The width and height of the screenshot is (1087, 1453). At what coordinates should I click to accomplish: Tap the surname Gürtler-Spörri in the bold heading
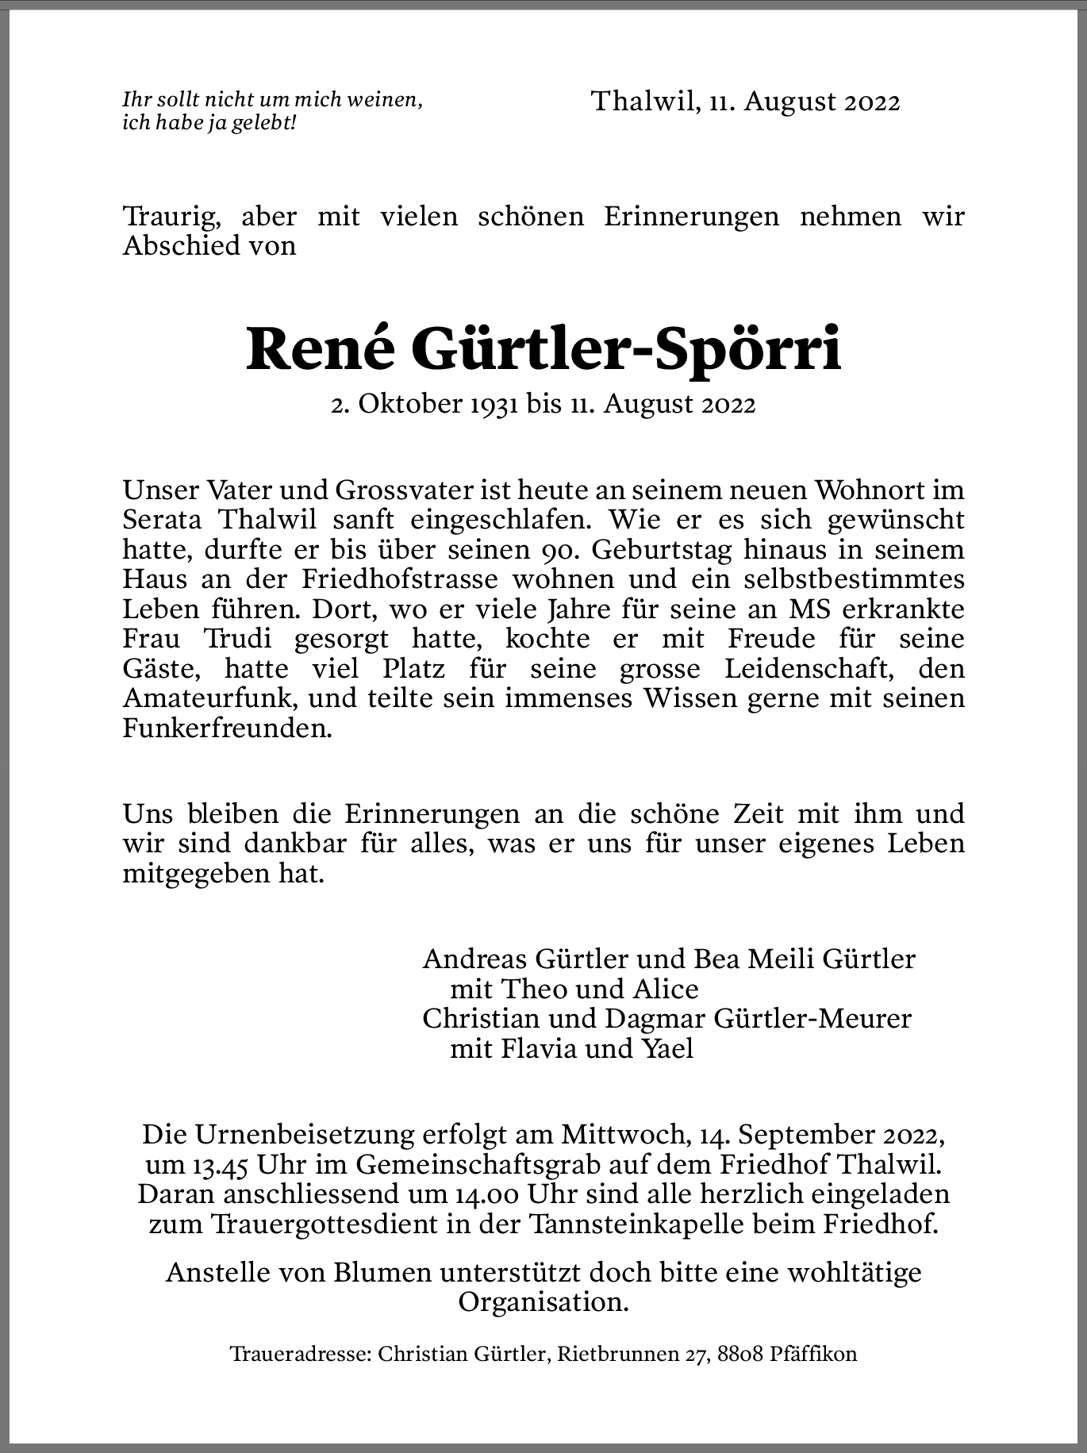point(627,350)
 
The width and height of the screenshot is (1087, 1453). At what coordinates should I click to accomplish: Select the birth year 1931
point(494,405)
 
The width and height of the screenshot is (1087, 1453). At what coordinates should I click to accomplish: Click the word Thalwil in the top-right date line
point(643,102)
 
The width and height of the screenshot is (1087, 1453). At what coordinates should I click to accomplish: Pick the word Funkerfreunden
point(226,728)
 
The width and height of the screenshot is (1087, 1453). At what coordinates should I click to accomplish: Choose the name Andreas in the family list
point(475,959)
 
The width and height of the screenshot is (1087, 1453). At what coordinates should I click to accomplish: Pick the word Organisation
point(543,1302)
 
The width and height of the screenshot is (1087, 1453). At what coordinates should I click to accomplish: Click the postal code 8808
point(741,1354)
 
